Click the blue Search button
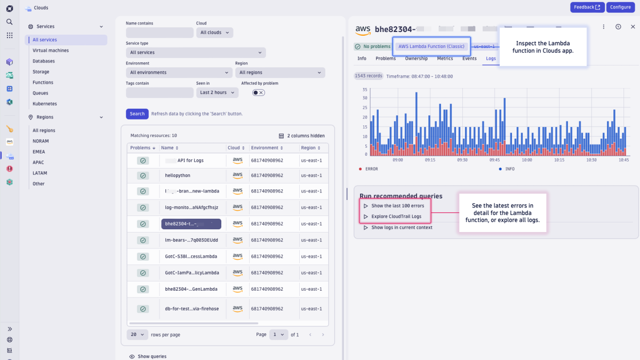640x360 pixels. tap(137, 114)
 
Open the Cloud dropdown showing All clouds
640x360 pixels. tap(214, 33)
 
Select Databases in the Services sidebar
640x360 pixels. tap(44, 61)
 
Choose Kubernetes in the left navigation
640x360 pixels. tap(45, 104)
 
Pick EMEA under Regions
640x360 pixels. tap(39, 152)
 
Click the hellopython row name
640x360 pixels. tap(178, 175)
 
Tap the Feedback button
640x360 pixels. tap(587, 7)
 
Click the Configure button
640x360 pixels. tap(620, 7)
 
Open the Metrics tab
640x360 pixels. tap(445, 59)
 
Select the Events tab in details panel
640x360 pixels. tap(469, 59)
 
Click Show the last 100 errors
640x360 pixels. tap(397, 206)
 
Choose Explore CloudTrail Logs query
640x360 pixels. tap(396, 217)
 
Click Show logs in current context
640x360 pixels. tap(402, 228)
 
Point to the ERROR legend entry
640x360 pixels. tap(371, 169)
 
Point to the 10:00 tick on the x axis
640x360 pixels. tap(527, 160)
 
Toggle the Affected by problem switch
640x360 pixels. tap(258, 93)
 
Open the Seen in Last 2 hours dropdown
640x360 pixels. tap(217, 93)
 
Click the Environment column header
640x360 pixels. tap(265, 148)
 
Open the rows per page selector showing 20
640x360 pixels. tap(138, 334)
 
